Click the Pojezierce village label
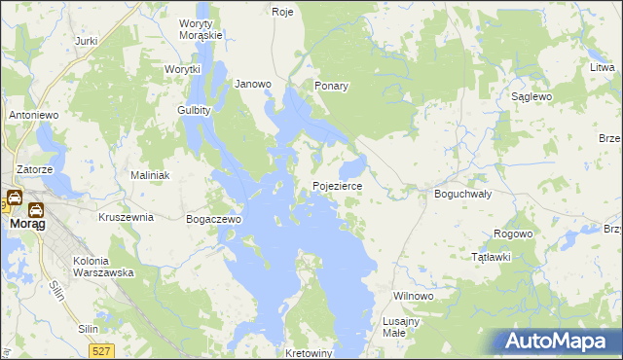pyautogui.click(x=338, y=185)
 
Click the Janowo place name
pyautogui.click(x=253, y=85)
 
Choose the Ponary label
pyautogui.click(x=331, y=86)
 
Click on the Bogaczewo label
pyautogui.click(x=213, y=220)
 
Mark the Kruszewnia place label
pyautogui.click(x=127, y=218)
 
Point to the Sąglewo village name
pyautogui.click(x=532, y=97)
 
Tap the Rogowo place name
pyautogui.click(x=513, y=234)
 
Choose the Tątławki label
pyautogui.click(x=492, y=257)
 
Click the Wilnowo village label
pyautogui.click(x=412, y=295)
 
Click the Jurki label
pyautogui.click(x=87, y=42)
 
